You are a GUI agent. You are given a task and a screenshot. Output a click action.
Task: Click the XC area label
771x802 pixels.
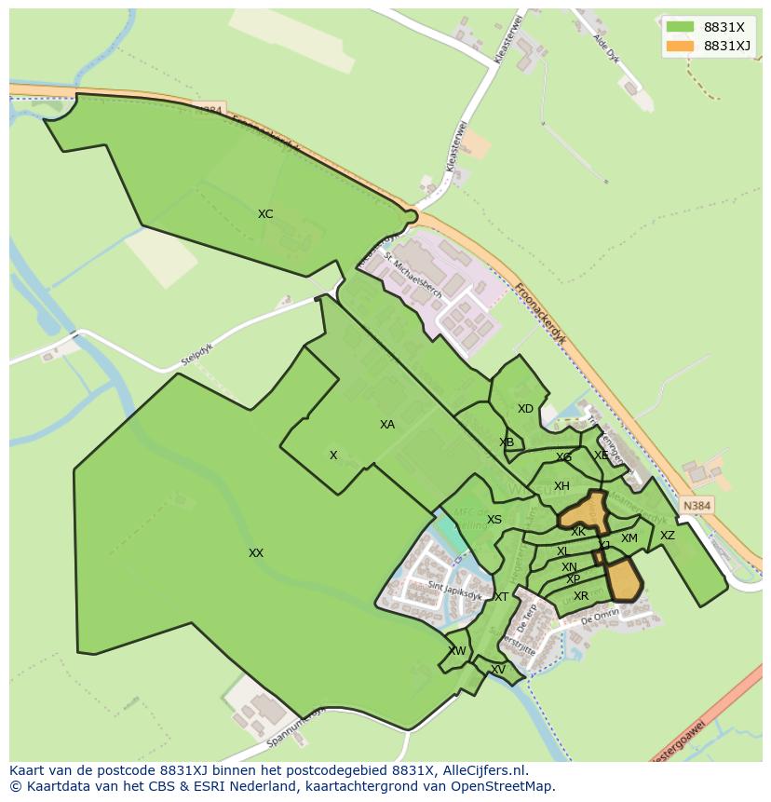click(265, 214)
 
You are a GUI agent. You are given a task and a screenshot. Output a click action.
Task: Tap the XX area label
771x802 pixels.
click(256, 553)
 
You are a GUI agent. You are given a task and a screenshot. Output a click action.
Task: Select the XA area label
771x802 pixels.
click(387, 425)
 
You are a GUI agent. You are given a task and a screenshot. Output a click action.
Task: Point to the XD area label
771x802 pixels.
click(525, 409)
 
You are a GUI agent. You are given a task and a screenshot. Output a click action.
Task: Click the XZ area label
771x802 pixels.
click(668, 536)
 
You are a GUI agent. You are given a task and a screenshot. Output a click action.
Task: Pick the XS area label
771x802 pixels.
click(494, 520)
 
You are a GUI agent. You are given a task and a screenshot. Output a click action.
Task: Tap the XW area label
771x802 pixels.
click(457, 651)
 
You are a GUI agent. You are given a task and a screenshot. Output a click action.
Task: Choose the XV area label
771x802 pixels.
click(498, 670)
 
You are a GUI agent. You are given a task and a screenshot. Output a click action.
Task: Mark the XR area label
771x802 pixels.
click(581, 596)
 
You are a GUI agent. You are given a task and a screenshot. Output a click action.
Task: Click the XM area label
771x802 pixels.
click(629, 538)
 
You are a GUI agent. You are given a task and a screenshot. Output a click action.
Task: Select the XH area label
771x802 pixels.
click(561, 486)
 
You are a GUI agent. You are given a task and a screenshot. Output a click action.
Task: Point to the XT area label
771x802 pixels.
click(501, 597)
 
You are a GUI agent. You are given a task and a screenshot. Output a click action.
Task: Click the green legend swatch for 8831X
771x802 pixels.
click(680, 26)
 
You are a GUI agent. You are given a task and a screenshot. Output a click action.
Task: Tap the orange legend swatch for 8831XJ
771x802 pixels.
click(680, 46)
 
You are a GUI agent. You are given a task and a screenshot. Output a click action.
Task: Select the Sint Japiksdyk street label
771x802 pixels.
click(454, 586)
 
